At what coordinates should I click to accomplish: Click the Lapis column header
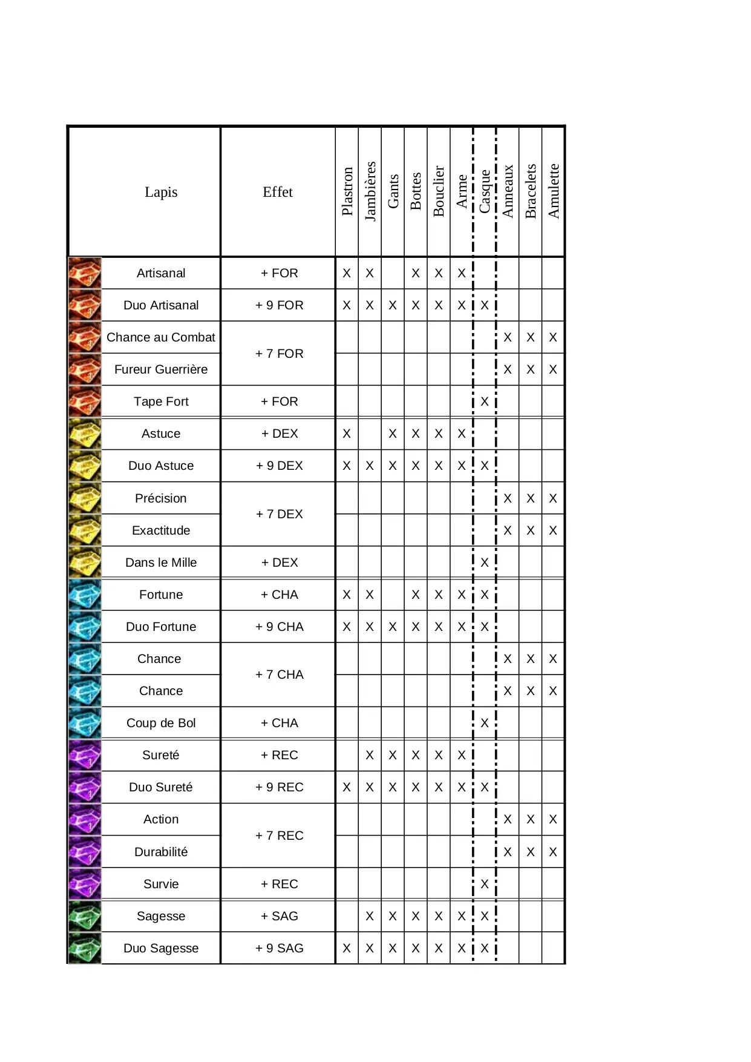coord(161,192)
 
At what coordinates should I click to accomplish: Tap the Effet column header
coord(278,192)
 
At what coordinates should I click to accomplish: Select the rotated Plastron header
coord(347,191)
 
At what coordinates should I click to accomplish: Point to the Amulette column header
coord(554,191)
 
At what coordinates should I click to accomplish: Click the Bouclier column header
coord(439,191)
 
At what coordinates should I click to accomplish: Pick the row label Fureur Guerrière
coord(161,369)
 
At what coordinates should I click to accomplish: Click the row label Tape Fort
coord(161,401)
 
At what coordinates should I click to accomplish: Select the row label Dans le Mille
coord(161,562)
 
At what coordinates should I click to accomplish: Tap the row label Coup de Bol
coord(161,723)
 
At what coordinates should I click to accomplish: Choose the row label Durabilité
coord(161,852)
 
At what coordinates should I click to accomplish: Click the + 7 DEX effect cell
coord(279,514)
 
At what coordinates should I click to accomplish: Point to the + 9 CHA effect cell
coord(279,627)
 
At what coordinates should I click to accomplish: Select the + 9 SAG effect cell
coord(279,948)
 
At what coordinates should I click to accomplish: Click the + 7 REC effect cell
coord(279,836)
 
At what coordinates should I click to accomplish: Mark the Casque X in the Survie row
coord(484,884)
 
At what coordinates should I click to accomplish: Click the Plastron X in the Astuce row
coord(347,434)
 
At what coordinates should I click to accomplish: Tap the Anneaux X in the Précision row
coord(507,498)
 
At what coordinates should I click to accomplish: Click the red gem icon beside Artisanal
coord(85,273)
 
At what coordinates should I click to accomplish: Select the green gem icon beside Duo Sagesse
coord(85,948)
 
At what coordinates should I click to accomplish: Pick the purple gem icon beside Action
coord(85,819)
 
